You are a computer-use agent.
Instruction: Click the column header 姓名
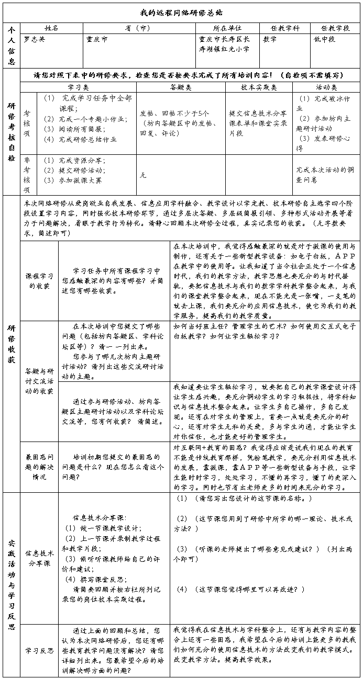coord(51,28)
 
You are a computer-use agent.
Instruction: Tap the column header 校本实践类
coord(259,87)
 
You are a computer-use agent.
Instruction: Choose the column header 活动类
coord(326,87)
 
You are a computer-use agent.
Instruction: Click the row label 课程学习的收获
coord(39,280)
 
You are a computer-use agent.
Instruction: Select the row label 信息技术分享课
coord(39,558)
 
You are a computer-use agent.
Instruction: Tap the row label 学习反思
coord(39,650)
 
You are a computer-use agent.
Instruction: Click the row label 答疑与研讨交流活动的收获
coord(39,381)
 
